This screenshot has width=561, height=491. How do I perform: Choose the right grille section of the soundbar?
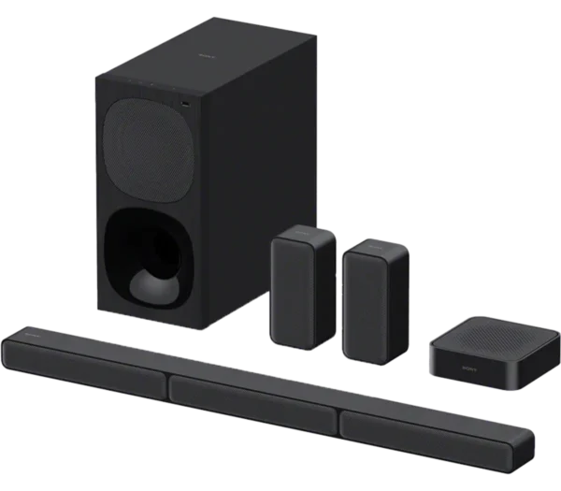pos(430,433)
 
